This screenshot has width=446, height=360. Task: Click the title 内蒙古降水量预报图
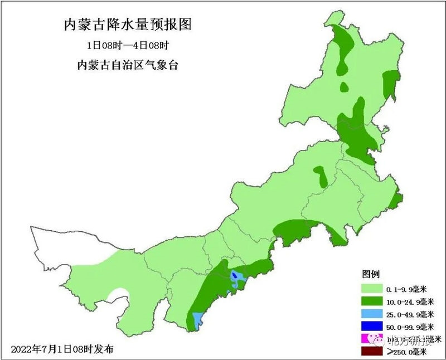[128, 25]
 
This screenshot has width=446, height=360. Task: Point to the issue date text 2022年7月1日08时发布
[62, 349]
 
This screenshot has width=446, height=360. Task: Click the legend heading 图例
[371, 274]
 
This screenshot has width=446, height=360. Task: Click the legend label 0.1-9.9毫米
[406, 289]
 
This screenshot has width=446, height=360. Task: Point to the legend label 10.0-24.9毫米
[409, 301]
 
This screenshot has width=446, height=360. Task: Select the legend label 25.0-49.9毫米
[409, 314]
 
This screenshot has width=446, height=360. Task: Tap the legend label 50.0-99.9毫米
[409, 327]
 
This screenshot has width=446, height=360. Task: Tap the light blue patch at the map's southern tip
[197, 319]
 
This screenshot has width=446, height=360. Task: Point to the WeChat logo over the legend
[379, 338]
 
